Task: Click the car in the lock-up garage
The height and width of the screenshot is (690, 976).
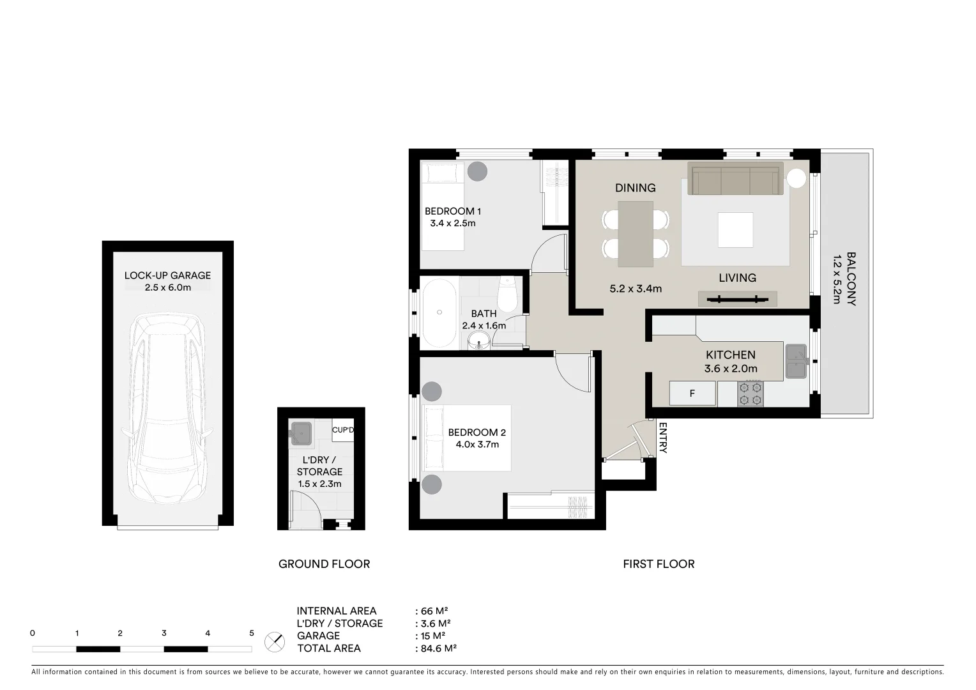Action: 167,409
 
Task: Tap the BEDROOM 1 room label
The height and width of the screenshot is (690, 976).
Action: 453,211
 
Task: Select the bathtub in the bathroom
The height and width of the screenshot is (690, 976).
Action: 439,312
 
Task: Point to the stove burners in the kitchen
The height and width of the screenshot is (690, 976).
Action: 750,394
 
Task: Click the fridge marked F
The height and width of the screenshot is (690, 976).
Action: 692,394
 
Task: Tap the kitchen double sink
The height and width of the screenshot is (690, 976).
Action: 797,362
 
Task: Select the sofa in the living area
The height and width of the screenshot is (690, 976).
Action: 735,179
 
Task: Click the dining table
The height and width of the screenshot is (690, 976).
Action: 636,233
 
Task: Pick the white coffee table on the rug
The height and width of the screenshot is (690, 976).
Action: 735,229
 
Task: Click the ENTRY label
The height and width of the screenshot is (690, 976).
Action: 662,438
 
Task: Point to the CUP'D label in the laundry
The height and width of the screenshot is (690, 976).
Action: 342,430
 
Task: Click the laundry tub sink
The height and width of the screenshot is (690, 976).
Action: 301,433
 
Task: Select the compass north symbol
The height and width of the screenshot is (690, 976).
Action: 275,641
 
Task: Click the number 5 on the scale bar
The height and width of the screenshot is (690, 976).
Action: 252,634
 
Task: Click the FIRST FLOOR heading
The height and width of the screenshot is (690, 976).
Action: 659,564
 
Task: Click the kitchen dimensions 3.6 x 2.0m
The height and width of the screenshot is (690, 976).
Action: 731,369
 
